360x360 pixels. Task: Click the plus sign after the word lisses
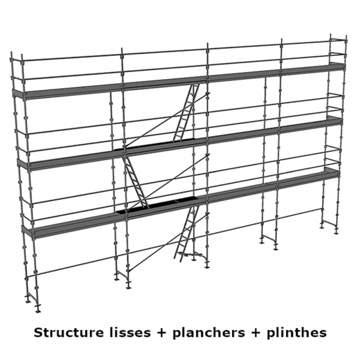pos(155,332)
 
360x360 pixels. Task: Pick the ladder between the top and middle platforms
pos(186,112)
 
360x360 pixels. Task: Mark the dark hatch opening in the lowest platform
pos(156,208)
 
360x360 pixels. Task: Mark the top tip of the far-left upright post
pos(12,54)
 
